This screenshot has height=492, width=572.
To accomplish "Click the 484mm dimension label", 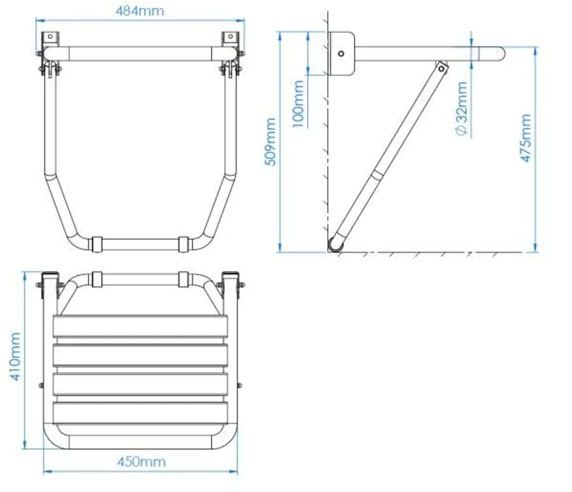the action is tap(139, 11).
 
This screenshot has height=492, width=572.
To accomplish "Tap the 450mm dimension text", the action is tap(141, 462).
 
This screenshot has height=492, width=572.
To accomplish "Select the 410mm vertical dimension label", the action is tap(14, 356).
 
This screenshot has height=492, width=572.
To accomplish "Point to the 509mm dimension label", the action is tap(270, 142).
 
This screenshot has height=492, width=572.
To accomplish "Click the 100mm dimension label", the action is tap(298, 104).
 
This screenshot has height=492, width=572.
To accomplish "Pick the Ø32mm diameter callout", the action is tap(462, 109).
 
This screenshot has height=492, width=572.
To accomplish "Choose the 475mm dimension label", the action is tap(526, 137).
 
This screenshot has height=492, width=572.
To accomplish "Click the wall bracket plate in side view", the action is tap(341, 54).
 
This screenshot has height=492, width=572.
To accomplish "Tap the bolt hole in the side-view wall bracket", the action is tap(341, 54).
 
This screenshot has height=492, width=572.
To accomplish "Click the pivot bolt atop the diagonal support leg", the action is tap(442, 68).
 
